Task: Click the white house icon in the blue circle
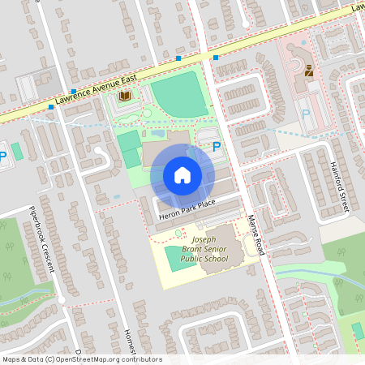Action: pos(182,175)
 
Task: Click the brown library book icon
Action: pos(125,97)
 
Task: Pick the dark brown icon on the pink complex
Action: pos(309,71)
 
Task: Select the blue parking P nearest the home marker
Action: pos(216,147)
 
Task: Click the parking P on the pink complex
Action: pos(306,114)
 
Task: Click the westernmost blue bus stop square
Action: pos(50,106)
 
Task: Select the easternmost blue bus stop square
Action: pos(216,57)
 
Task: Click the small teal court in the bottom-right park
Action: pos(358,331)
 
